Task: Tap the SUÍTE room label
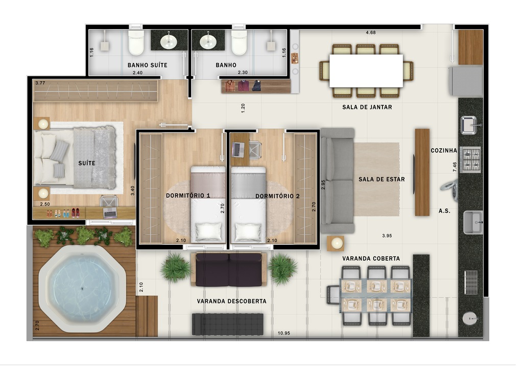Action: tap(86, 164)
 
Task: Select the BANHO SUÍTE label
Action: tap(147, 65)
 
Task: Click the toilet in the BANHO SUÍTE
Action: tap(136, 43)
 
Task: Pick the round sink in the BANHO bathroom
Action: tap(208, 41)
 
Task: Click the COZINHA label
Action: tap(443, 151)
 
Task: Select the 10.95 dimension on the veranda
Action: tap(284, 333)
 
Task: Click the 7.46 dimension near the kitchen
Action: tap(455, 166)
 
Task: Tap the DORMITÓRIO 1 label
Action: tap(188, 196)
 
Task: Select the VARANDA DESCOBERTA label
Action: tap(231, 302)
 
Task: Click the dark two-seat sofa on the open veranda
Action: tap(228, 270)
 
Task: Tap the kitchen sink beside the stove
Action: tap(469, 125)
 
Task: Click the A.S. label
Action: tap(444, 211)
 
